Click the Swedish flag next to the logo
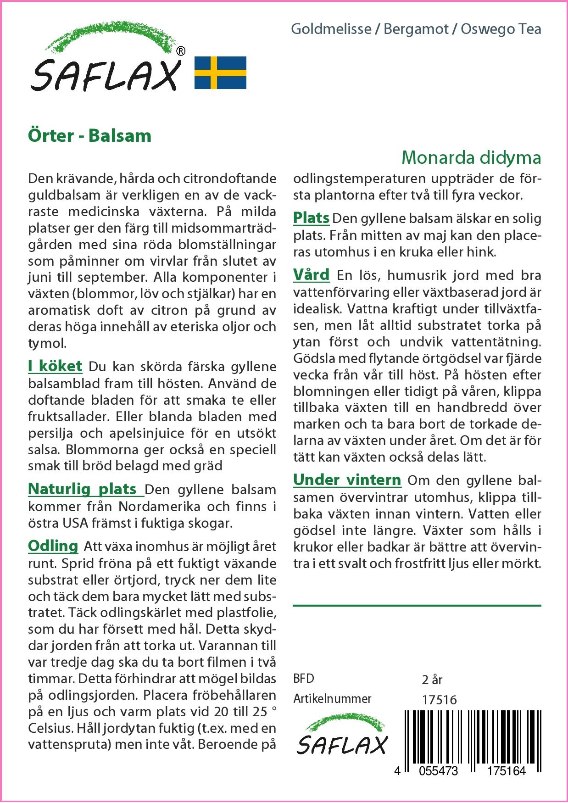pos(220,72)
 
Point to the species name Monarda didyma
pos(471,157)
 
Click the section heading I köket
pos(55,366)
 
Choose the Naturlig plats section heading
pos(83,489)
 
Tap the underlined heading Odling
pos(53,546)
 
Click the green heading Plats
pos(311,218)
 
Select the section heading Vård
pos(311,275)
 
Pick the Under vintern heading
pos(347,480)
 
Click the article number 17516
pos(439,700)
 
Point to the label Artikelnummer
pos(332,699)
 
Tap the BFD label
pos(304,679)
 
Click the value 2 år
pos(431,679)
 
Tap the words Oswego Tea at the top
pos(501,29)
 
